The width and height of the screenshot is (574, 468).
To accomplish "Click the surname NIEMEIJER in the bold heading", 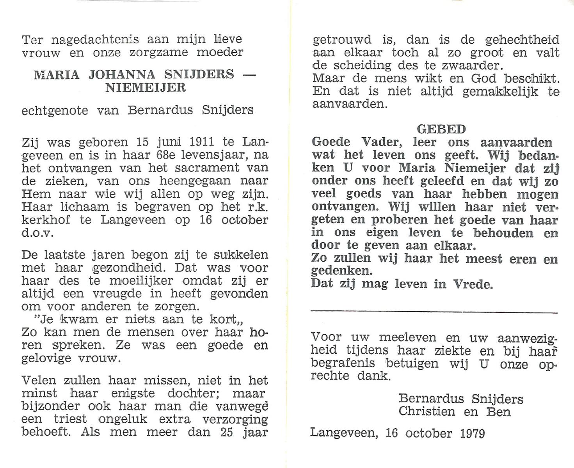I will coord(145,87).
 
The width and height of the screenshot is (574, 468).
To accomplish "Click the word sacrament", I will coord(207,168).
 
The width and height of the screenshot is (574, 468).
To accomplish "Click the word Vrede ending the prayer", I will coord(472,284).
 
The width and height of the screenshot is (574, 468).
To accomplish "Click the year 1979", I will coord(472,433).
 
